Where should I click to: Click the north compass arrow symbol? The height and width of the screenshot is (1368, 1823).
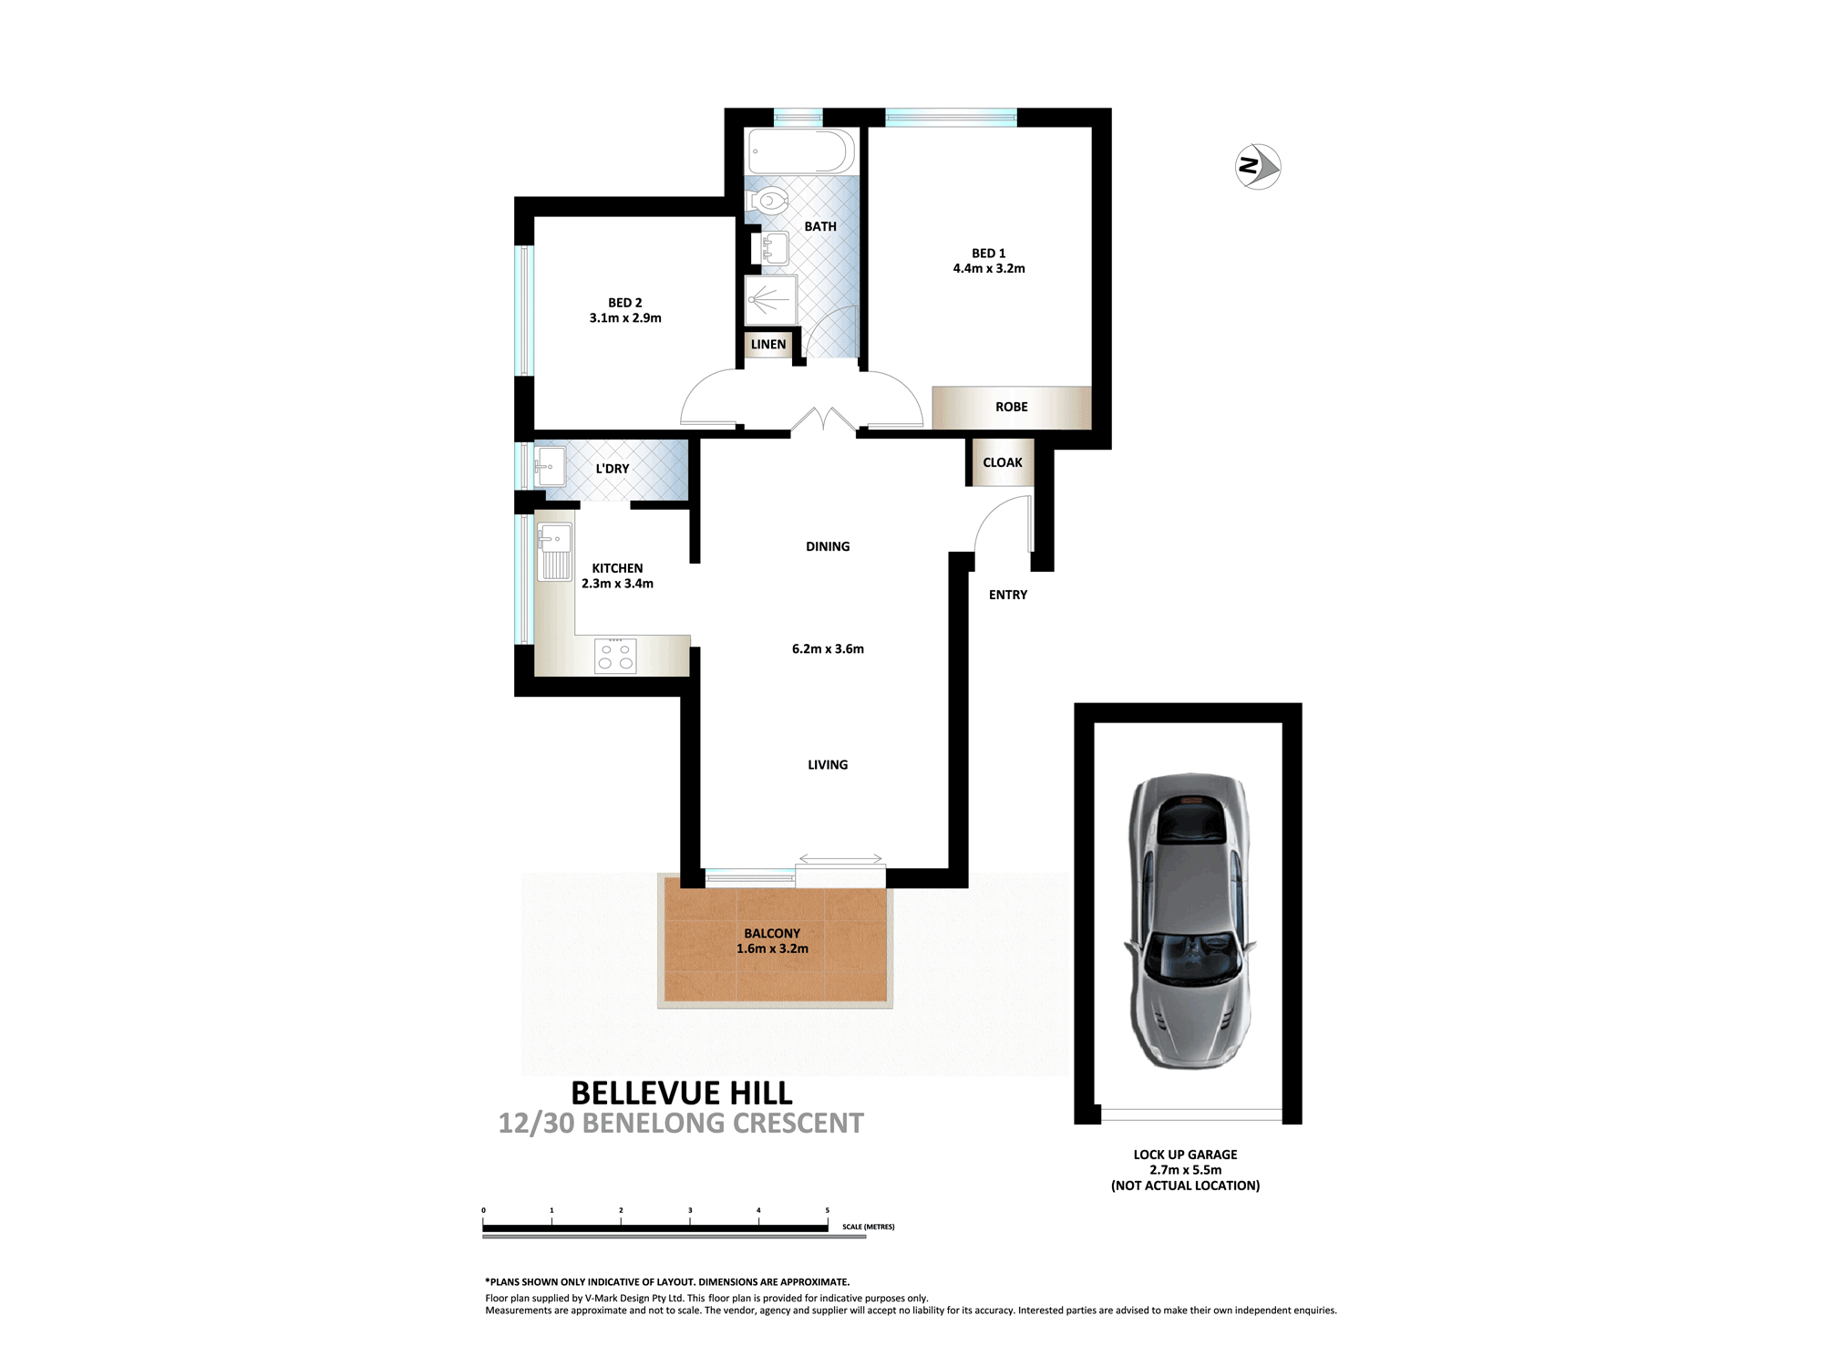1258,167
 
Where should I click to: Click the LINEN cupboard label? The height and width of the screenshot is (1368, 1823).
768,345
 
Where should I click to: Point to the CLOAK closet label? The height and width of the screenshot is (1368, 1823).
1003,462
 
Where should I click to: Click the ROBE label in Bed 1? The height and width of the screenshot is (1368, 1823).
1012,407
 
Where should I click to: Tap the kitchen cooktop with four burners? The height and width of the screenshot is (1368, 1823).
615,656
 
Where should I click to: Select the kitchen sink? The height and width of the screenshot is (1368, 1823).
555,551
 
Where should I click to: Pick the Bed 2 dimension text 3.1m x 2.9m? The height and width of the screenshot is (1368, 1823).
625,318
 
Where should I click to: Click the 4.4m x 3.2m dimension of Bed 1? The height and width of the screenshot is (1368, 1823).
989,269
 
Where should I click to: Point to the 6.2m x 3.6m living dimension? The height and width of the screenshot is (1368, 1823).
828,649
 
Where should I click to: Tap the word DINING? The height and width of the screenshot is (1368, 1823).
828,546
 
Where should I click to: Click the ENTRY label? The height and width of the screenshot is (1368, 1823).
1008,595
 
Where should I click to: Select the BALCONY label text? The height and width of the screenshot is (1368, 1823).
772,934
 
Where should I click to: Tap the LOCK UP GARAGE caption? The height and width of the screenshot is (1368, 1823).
1186,1155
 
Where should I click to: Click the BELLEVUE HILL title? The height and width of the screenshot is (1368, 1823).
682,1093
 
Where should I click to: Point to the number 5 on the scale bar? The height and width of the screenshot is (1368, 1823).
828,1210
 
